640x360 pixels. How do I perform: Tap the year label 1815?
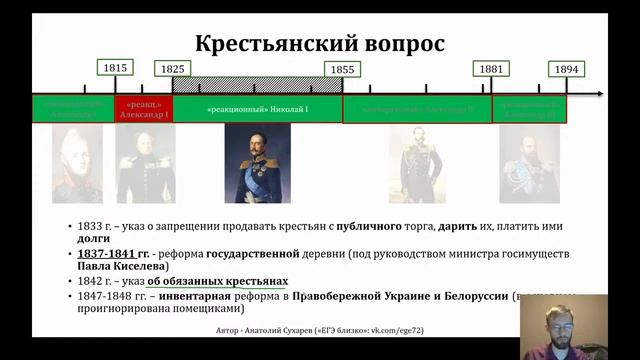point(115,68)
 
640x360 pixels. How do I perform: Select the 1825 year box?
point(171,69)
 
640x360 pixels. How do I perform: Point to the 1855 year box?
point(342,69)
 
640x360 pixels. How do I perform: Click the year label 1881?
point(490,68)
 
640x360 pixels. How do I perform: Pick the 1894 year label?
point(566,69)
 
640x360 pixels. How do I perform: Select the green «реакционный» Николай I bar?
point(257,108)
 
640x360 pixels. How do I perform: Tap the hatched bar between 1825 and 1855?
point(257,85)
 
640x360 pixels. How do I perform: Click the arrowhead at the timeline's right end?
point(599,94)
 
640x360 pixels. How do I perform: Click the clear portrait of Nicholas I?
point(257,163)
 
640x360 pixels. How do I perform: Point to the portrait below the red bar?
point(145,163)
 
